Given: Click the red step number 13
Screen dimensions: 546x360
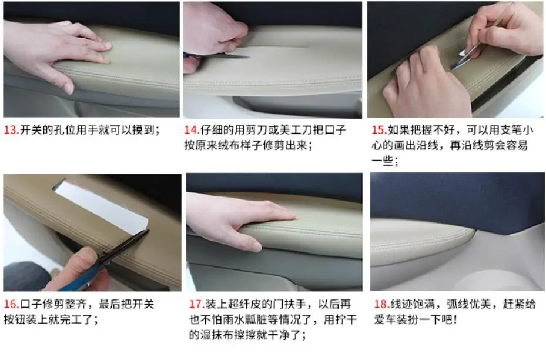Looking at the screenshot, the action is [x=11, y=129].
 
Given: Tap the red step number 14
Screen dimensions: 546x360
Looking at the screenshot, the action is [x=192, y=129].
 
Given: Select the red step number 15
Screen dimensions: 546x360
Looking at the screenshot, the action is [x=379, y=129].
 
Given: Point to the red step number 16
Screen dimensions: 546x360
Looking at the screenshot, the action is [x=11, y=304].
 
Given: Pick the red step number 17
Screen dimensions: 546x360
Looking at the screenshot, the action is [x=197, y=304].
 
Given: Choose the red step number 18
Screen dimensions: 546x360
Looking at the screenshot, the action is [x=381, y=304].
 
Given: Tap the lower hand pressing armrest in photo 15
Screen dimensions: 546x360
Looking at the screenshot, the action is [x=427, y=85].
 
